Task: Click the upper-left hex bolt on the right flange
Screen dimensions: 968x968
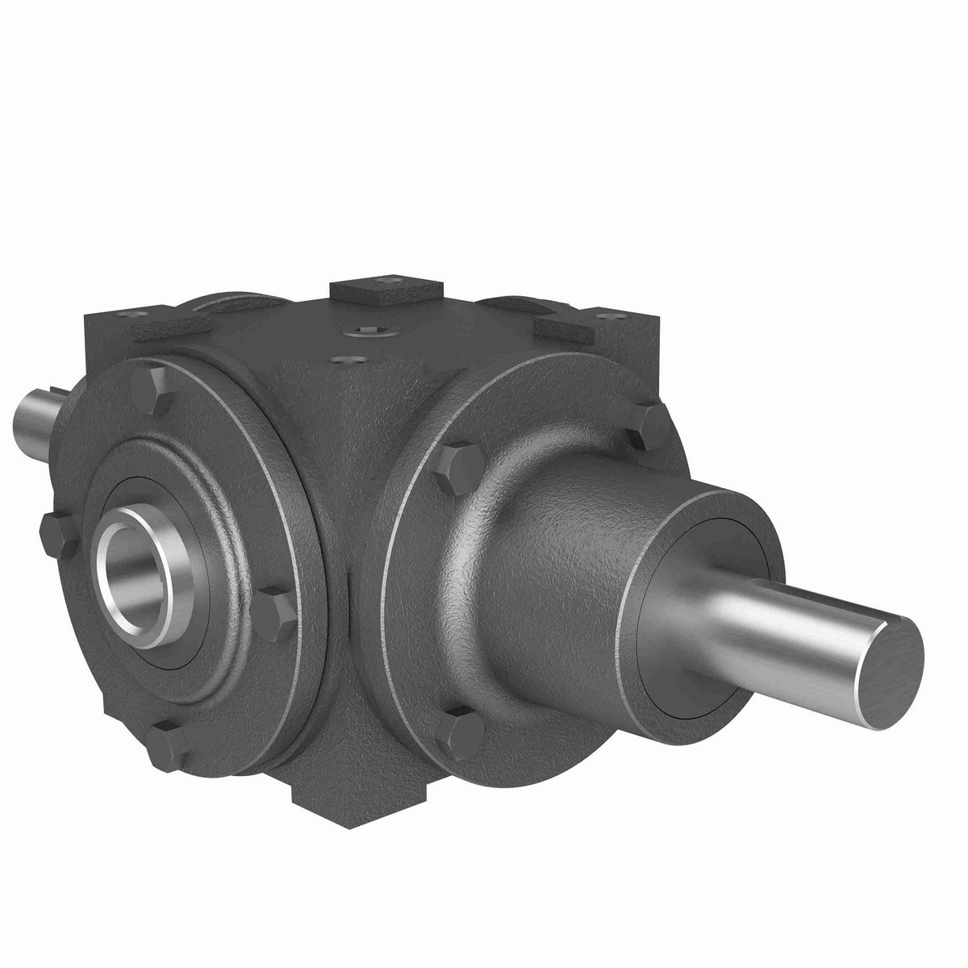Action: pos(457,469)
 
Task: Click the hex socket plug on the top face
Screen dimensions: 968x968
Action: pos(374,333)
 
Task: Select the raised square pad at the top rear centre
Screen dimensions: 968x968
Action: pos(388,292)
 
